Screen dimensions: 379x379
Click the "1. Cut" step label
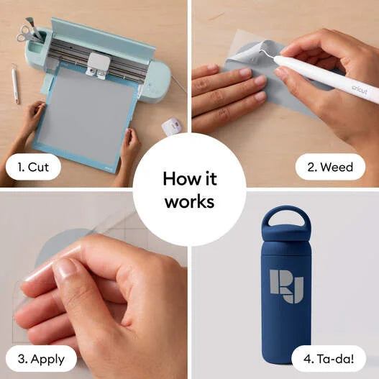(x=33, y=167)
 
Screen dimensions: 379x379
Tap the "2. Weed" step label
(x=330, y=167)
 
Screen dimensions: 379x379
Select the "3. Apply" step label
(x=41, y=360)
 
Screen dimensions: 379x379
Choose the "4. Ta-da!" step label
(x=329, y=359)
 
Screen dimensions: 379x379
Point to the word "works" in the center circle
(x=190, y=201)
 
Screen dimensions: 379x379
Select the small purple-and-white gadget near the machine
(x=171, y=125)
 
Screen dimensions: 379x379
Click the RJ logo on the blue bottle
(x=286, y=286)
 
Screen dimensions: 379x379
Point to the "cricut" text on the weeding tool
(x=360, y=90)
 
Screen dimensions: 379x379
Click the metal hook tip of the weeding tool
(x=262, y=52)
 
